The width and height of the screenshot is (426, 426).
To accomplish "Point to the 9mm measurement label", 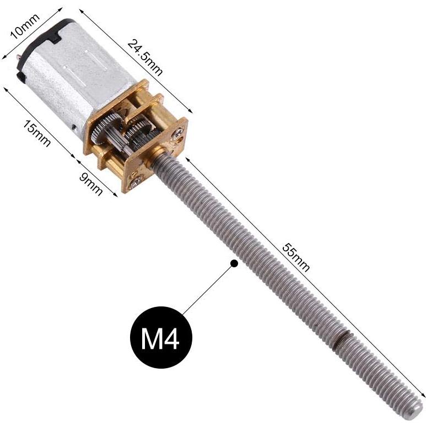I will tap(93, 181).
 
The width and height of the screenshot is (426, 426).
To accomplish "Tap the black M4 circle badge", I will tap(160, 338).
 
